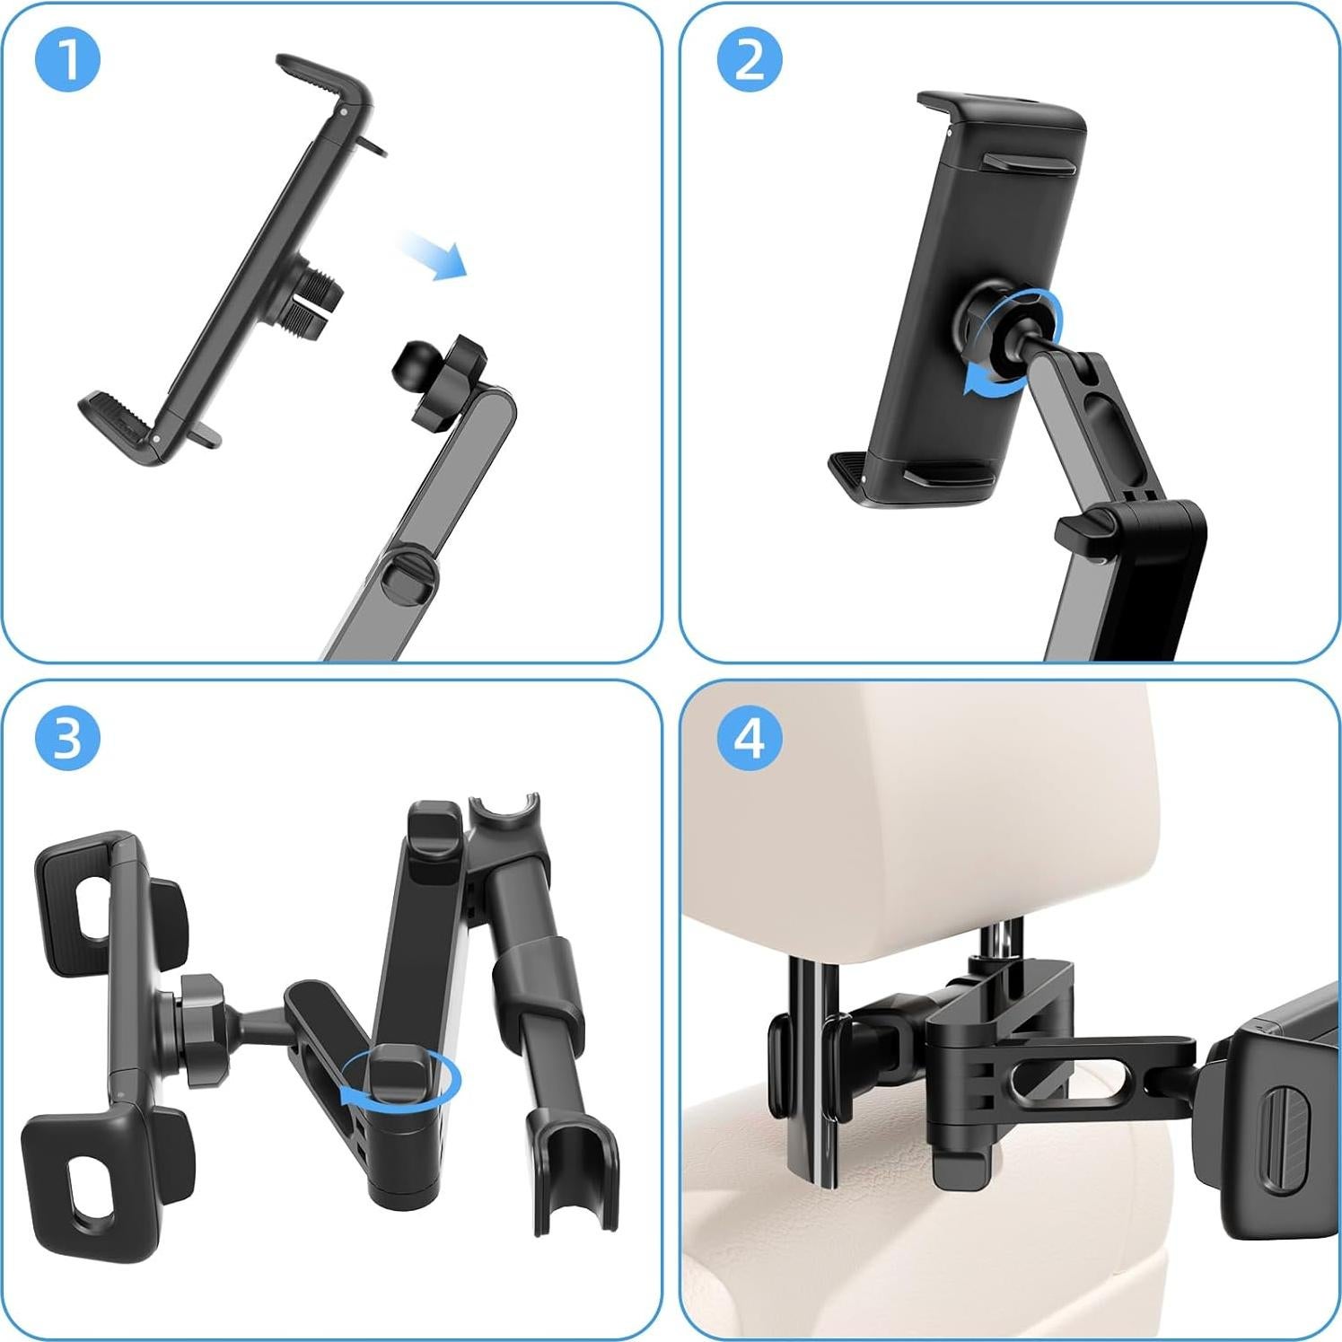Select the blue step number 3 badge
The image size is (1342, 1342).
[66, 738]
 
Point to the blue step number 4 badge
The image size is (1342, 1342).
[749, 738]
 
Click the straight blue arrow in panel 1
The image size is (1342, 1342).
[434, 255]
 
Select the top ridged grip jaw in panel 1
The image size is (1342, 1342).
[323, 81]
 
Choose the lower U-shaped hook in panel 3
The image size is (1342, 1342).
[575, 1176]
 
